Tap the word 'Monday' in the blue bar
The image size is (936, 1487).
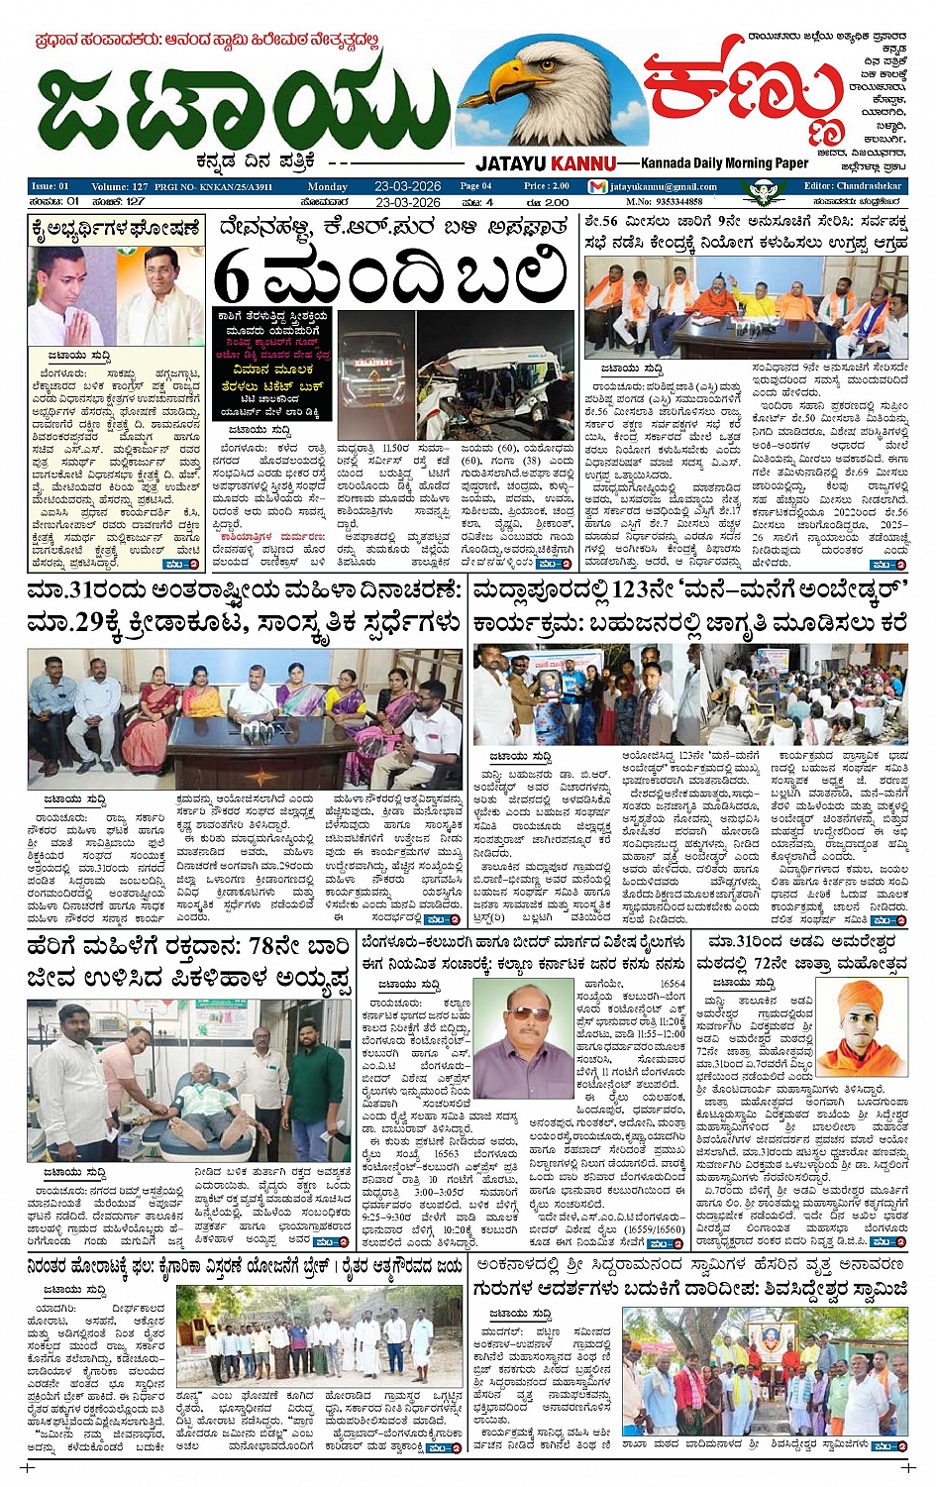[x=327, y=186]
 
